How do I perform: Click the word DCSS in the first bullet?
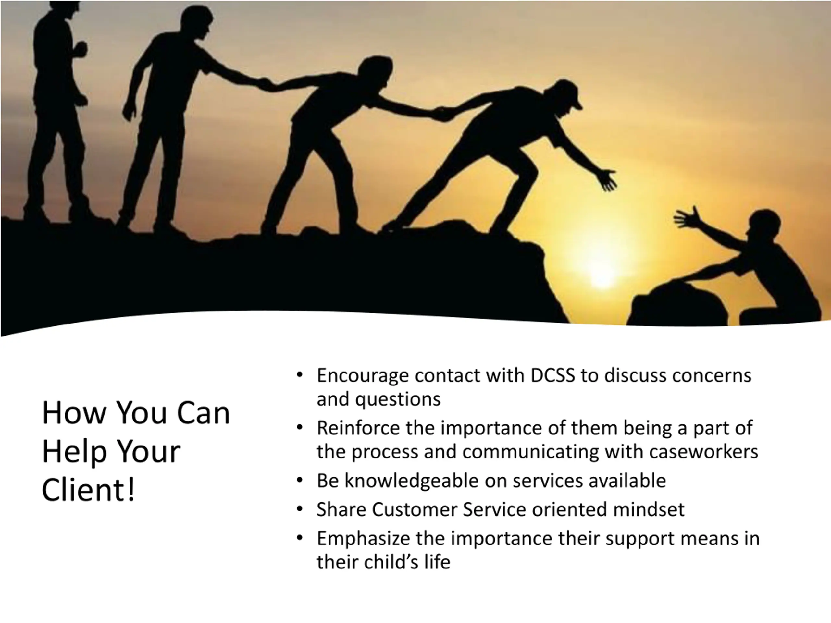pyautogui.click(x=552, y=375)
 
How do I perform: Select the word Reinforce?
pyautogui.click(x=358, y=428)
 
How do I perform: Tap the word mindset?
pyautogui.click(x=649, y=509)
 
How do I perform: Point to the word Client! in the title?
pyautogui.click(x=88, y=489)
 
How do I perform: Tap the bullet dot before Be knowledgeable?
pyautogui.click(x=299, y=481)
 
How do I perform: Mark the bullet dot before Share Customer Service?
pyautogui.click(x=299, y=509)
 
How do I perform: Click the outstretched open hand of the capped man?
pyautogui.click(x=606, y=180)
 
